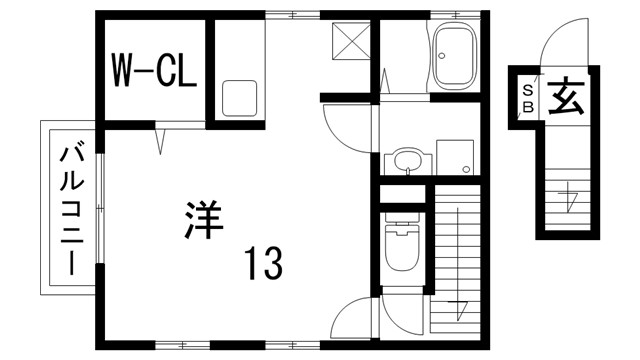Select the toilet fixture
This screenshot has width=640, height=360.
pos(401,246)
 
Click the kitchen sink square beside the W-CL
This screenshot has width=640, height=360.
pos(241,97)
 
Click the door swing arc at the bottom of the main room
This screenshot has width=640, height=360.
pos(351,320)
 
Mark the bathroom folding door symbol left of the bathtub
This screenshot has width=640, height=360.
pos(386,77)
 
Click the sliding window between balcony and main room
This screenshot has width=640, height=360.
pos(98,210)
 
